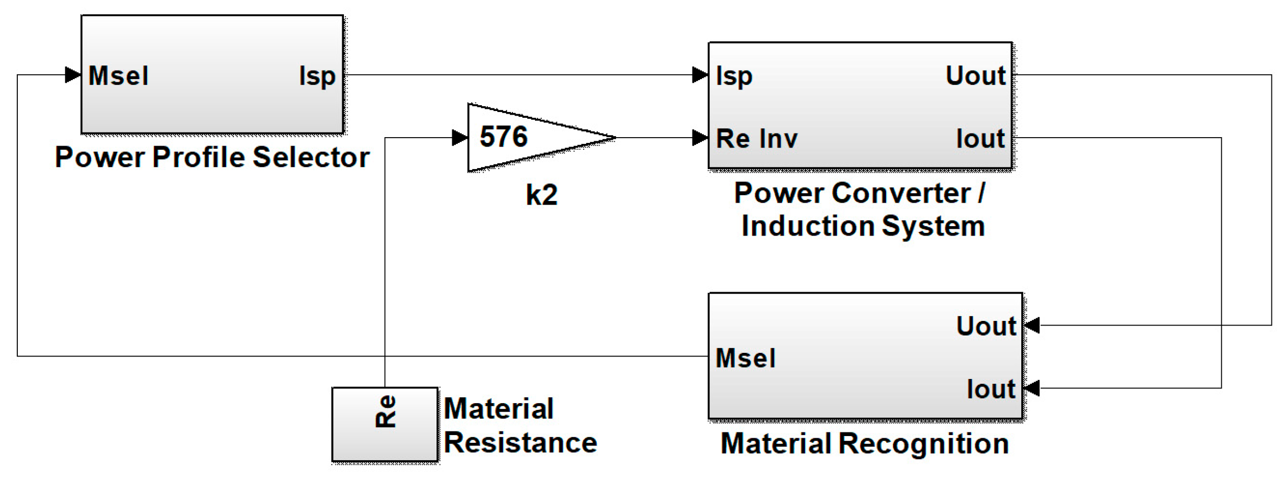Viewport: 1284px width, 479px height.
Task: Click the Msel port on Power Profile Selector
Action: (118, 76)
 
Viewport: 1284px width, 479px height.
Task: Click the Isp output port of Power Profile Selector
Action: (317, 76)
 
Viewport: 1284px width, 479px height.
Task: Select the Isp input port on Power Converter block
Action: (734, 76)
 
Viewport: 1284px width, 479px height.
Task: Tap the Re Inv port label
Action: (756, 139)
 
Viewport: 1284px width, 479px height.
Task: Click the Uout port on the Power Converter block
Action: (975, 76)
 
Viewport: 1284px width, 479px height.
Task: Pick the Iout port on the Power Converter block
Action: (980, 139)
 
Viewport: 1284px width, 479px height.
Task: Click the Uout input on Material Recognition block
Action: (986, 326)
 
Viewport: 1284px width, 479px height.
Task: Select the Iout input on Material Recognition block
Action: (990, 389)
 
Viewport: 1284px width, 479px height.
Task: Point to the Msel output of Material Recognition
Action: (745, 359)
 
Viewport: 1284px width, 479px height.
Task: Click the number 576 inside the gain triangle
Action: (504, 137)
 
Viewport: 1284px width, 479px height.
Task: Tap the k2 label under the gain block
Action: (542, 195)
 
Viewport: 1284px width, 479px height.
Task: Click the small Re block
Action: (385, 424)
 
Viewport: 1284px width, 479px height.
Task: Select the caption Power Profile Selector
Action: (212, 157)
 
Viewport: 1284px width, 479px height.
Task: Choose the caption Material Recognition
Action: (864, 443)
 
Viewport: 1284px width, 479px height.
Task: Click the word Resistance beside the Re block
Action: (520, 443)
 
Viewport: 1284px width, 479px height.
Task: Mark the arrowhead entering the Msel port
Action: (73, 75)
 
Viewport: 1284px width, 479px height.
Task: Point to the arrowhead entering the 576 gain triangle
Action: (460, 138)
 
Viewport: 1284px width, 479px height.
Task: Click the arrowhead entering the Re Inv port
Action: (700, 138)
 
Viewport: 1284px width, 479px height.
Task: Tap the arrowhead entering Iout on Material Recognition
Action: (1032, 388)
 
